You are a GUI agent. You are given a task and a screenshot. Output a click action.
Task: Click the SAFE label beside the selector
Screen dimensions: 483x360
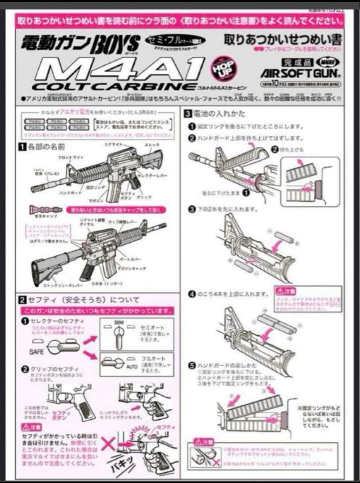[37, 352]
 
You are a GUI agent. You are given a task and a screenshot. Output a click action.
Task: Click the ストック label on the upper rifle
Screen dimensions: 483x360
[152, 146]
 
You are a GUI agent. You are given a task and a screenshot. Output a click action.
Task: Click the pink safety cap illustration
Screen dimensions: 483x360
[45, 209]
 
